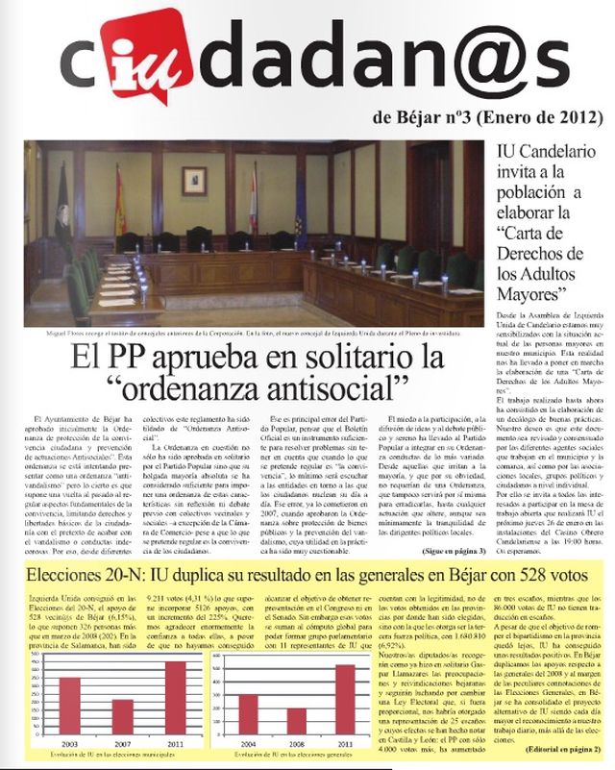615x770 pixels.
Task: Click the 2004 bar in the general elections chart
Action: (247, 714)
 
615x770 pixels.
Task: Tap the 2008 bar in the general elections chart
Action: (296, 722)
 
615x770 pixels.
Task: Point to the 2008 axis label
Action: (296, 743)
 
